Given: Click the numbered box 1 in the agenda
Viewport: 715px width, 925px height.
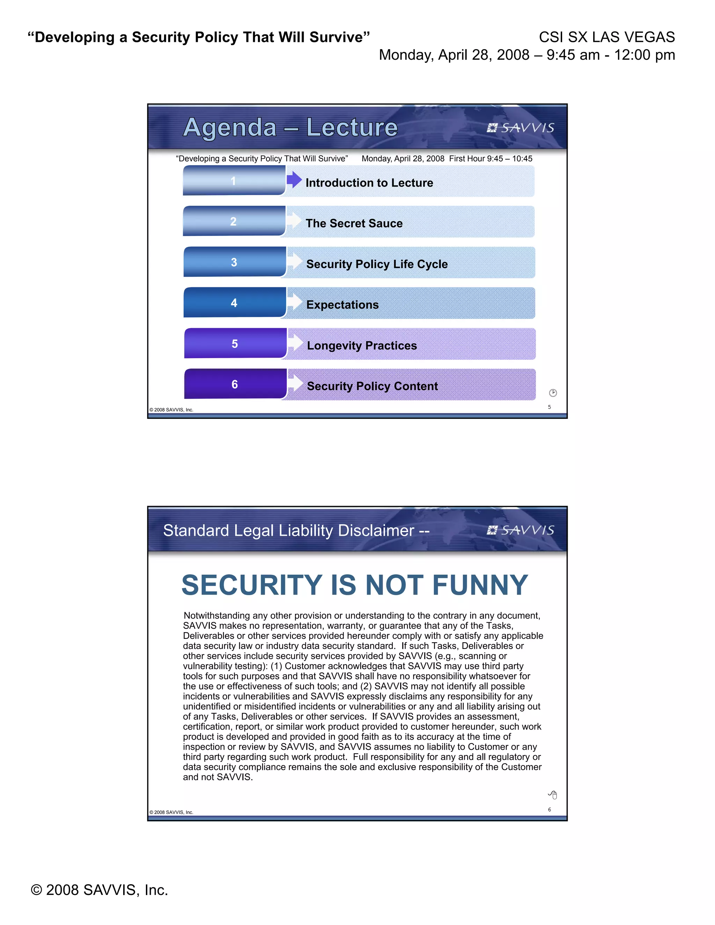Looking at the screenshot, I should pyautogui.click(x=234, y=181).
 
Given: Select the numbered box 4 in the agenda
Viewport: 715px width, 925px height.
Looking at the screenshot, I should pyautogui.click(x=234, y=302).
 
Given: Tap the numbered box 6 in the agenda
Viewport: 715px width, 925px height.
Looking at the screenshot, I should pyautogui.click(x=235, y=384).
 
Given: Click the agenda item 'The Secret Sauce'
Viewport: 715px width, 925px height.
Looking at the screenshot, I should pyautogui.click(x=354, y=223).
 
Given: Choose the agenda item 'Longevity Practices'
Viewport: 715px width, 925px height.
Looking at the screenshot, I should pyautogui.click(x=362, y=346).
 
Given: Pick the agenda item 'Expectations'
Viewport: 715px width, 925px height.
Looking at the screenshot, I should pyautogui.click(x=342, y=304).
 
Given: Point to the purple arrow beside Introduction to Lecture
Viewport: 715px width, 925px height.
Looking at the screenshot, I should pyautogui.click(x=294, y=179).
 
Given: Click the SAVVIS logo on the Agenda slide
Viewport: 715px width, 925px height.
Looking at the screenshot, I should pyautogui.click(x=521, y=127).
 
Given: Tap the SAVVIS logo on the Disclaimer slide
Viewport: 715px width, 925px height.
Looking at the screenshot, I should pyautogui.click(x=521, y=530).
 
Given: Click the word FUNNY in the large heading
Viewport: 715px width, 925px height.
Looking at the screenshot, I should pyautogui.click(x=480, y=585).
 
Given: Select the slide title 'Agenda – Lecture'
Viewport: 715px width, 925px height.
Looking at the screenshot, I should pyautogui.click(x=290, y=127).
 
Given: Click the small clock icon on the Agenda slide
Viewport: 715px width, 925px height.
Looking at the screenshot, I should pyautogui.click(x=553, y=393).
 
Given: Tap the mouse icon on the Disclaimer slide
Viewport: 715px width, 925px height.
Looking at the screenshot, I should pyautogui.click(x=553, y=794).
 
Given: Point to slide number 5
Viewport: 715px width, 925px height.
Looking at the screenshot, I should pyautogui.click(x=550, y=407).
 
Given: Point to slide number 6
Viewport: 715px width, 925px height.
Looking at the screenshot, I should pyautogui.click(x=550, y=809).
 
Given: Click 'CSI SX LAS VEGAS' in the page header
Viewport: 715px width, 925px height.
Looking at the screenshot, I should pyautogui.click(x=606, y=37).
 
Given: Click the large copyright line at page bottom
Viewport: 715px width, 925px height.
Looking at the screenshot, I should pyautogui.click(x=99, y=890).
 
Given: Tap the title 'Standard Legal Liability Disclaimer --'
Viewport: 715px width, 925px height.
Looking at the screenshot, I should pyautogui.click(x=296, y=530).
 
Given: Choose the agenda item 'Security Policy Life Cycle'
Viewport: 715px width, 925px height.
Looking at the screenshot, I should pyautogui.click(x=377, y=264).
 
